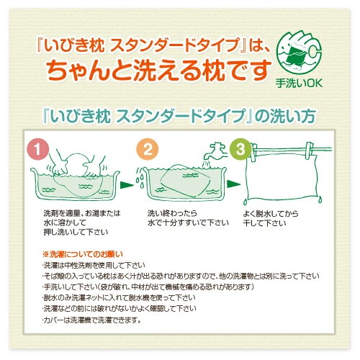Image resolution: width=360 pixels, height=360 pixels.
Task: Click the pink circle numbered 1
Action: tap(38, 149)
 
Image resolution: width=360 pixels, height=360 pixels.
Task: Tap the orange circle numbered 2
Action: tap(148, 149)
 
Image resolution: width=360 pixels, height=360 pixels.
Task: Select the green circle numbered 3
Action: tap(240, 149)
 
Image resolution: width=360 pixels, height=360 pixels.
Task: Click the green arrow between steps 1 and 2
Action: tap(127, 185)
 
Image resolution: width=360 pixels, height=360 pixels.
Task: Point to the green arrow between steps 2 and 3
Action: tap(233, 184)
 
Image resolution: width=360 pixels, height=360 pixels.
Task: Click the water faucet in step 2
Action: tap(215, 153)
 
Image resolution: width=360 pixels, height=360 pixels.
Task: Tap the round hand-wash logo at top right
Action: tap(299, 52)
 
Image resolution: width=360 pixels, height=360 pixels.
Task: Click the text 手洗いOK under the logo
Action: tap(299, 84)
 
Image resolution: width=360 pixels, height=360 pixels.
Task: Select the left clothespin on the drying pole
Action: tap(253, 152)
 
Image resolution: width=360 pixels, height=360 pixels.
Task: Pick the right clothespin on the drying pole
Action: tap(310, 151)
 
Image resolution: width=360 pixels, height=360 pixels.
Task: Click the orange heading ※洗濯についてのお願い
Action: tap(83, 254)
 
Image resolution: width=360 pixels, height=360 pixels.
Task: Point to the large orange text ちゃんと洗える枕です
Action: tap(159, 70)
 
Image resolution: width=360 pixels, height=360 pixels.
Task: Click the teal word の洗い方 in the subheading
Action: tap(285, 117)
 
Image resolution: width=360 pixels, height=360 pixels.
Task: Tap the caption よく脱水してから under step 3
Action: tap(271, 213)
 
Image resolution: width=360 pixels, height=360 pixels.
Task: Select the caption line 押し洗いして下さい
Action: tap(76, 232)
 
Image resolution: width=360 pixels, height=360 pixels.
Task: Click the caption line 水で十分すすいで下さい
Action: tap(188, 223)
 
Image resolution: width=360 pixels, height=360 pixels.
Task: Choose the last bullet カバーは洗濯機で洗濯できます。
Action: tap(91, 320)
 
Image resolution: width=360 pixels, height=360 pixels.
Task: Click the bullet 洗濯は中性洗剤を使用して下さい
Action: tap(94, 265)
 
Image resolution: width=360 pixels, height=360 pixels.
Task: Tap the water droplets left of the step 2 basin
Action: tap(140, 177)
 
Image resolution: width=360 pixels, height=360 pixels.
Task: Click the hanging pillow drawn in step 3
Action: tap(283, 179)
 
